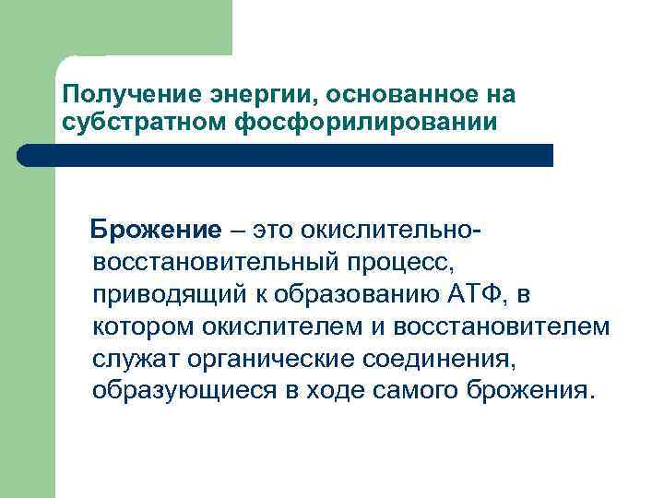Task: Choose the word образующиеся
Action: click(x=184, y=390)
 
